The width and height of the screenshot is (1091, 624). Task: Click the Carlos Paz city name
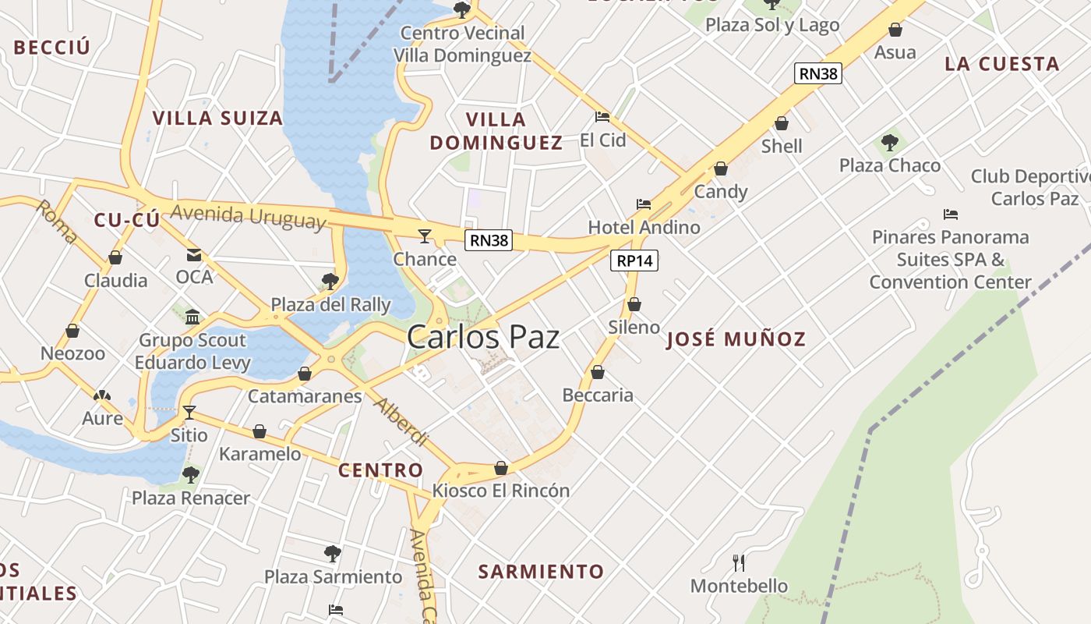(x=483, y=337)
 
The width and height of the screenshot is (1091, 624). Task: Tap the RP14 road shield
(x=634, y=261)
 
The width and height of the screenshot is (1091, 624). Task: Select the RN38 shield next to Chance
(x=489, y=240)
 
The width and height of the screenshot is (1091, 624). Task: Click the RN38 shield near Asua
(x=818, y=73)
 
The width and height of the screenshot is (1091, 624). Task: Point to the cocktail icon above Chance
(x=425, y=236)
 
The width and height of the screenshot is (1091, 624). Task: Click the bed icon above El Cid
(x=602, y=117)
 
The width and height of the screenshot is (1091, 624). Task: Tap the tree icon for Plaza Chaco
(x=889, y=143)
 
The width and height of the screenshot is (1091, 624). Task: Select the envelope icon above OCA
(x=193, y=255)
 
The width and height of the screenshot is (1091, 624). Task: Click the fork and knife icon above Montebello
(x=739, y=562)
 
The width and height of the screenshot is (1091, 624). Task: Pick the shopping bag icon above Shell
(x=782, y=123)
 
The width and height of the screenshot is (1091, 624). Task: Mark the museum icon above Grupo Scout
(x=192, y=317)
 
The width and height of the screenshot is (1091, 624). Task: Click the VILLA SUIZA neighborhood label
(x=217, y=119)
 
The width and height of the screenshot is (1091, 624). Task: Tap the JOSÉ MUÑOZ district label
(x=736, y=339)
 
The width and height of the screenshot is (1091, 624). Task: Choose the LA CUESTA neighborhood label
(x=1002, y=64)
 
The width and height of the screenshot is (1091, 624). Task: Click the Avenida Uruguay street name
(x=248, y=217)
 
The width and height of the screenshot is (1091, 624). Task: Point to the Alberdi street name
(x=401, y=422)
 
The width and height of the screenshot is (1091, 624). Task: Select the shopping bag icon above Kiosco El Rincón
(x=501, y=468)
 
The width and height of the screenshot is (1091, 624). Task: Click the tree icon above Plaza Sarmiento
(x=333, y=554)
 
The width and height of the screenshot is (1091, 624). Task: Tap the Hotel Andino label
(x=644, y=227)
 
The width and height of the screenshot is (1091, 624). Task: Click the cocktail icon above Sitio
(x=189, y=412)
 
